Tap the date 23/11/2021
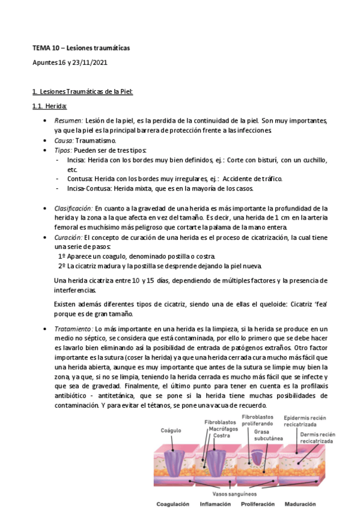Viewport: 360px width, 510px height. pyautogui.click(x=91, y=62)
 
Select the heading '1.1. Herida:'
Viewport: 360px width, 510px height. pyautogui.click(x=49, y=106)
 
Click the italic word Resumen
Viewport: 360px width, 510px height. pyautogui.click(x=69, y=121)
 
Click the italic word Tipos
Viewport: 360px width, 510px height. pyautogui.click(x=63, y=149)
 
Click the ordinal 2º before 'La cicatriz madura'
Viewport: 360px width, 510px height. pyautogui.click(x=62, y=266)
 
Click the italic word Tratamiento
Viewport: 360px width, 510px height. pyautogui.click(x=73, y=329)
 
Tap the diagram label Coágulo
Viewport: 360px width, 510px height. pyautogui.click(x=171, y=431)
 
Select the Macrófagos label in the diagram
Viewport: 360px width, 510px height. pyautogui.click(x=218, y=429)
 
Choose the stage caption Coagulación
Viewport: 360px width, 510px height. pyautogui.click(x=172, y=504)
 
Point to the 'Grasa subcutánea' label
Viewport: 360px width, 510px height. pyautogui.click(x=260, y=435)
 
